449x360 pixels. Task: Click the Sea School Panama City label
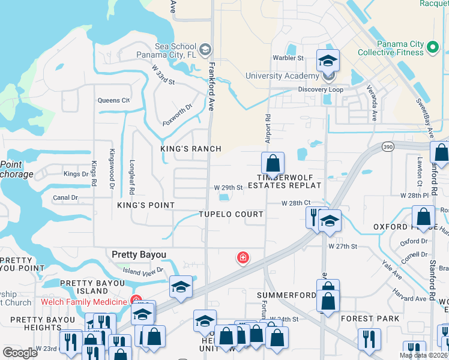pos(175,51)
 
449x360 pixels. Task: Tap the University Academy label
pos(282,76)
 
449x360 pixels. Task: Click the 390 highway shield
pos(388,147)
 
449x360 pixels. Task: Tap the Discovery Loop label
pos(321,89)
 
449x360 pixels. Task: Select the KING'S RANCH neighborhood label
pos(191,149)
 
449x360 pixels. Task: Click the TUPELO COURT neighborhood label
pos(231,214)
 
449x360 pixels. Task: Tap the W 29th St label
pos(228,187)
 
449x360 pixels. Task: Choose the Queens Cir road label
pos(114,100)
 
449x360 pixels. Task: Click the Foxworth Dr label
pos(177,115)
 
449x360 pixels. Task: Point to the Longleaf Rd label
pos(131,173)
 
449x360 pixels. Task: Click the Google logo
pos(20,353)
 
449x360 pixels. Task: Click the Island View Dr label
pos(143,271)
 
